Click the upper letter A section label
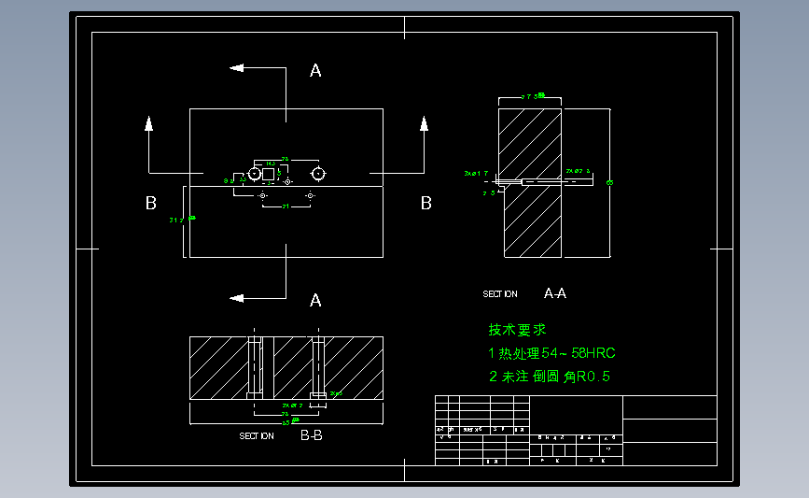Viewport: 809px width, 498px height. pyautogui.click(x=315, y=70)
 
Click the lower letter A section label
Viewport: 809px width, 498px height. pyautogui.click(x=315, y=300)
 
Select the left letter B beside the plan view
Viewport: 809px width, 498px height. pyautogui.click(x=150, y=203)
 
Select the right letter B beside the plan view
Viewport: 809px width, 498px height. pyautogui.click(x=426, y=203)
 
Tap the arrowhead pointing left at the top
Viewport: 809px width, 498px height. pyautogui.click(x=237, y=67)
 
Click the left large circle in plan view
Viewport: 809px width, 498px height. pyautogui.click(x=255, y=174)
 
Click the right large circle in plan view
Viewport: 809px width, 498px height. pyautogui.click(x=318, y=174)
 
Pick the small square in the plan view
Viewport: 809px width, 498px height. pyautogui.click(x=268, y=174)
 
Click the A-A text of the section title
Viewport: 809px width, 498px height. pyautogui.click(x=554, y=293)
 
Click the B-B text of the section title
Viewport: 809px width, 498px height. pyautogui.click(x=311, y=435)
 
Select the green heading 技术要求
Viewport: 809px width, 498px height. pyautogui.click(x=517, y=330)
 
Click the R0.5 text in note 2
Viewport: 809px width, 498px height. pyautogui.click(x=594, y=377)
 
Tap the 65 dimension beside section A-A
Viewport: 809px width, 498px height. pyautogui.click(x=609, y=182)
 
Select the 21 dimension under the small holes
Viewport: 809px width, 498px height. pyautogui.click(x=286, y=206)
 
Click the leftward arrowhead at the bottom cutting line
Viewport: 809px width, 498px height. pyautogui.click(x=237, y=298)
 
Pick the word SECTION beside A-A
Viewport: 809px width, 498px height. pyautogui.click(x=499, y=294)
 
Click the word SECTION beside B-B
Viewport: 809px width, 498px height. pyautogui.click(x=257, y=436)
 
